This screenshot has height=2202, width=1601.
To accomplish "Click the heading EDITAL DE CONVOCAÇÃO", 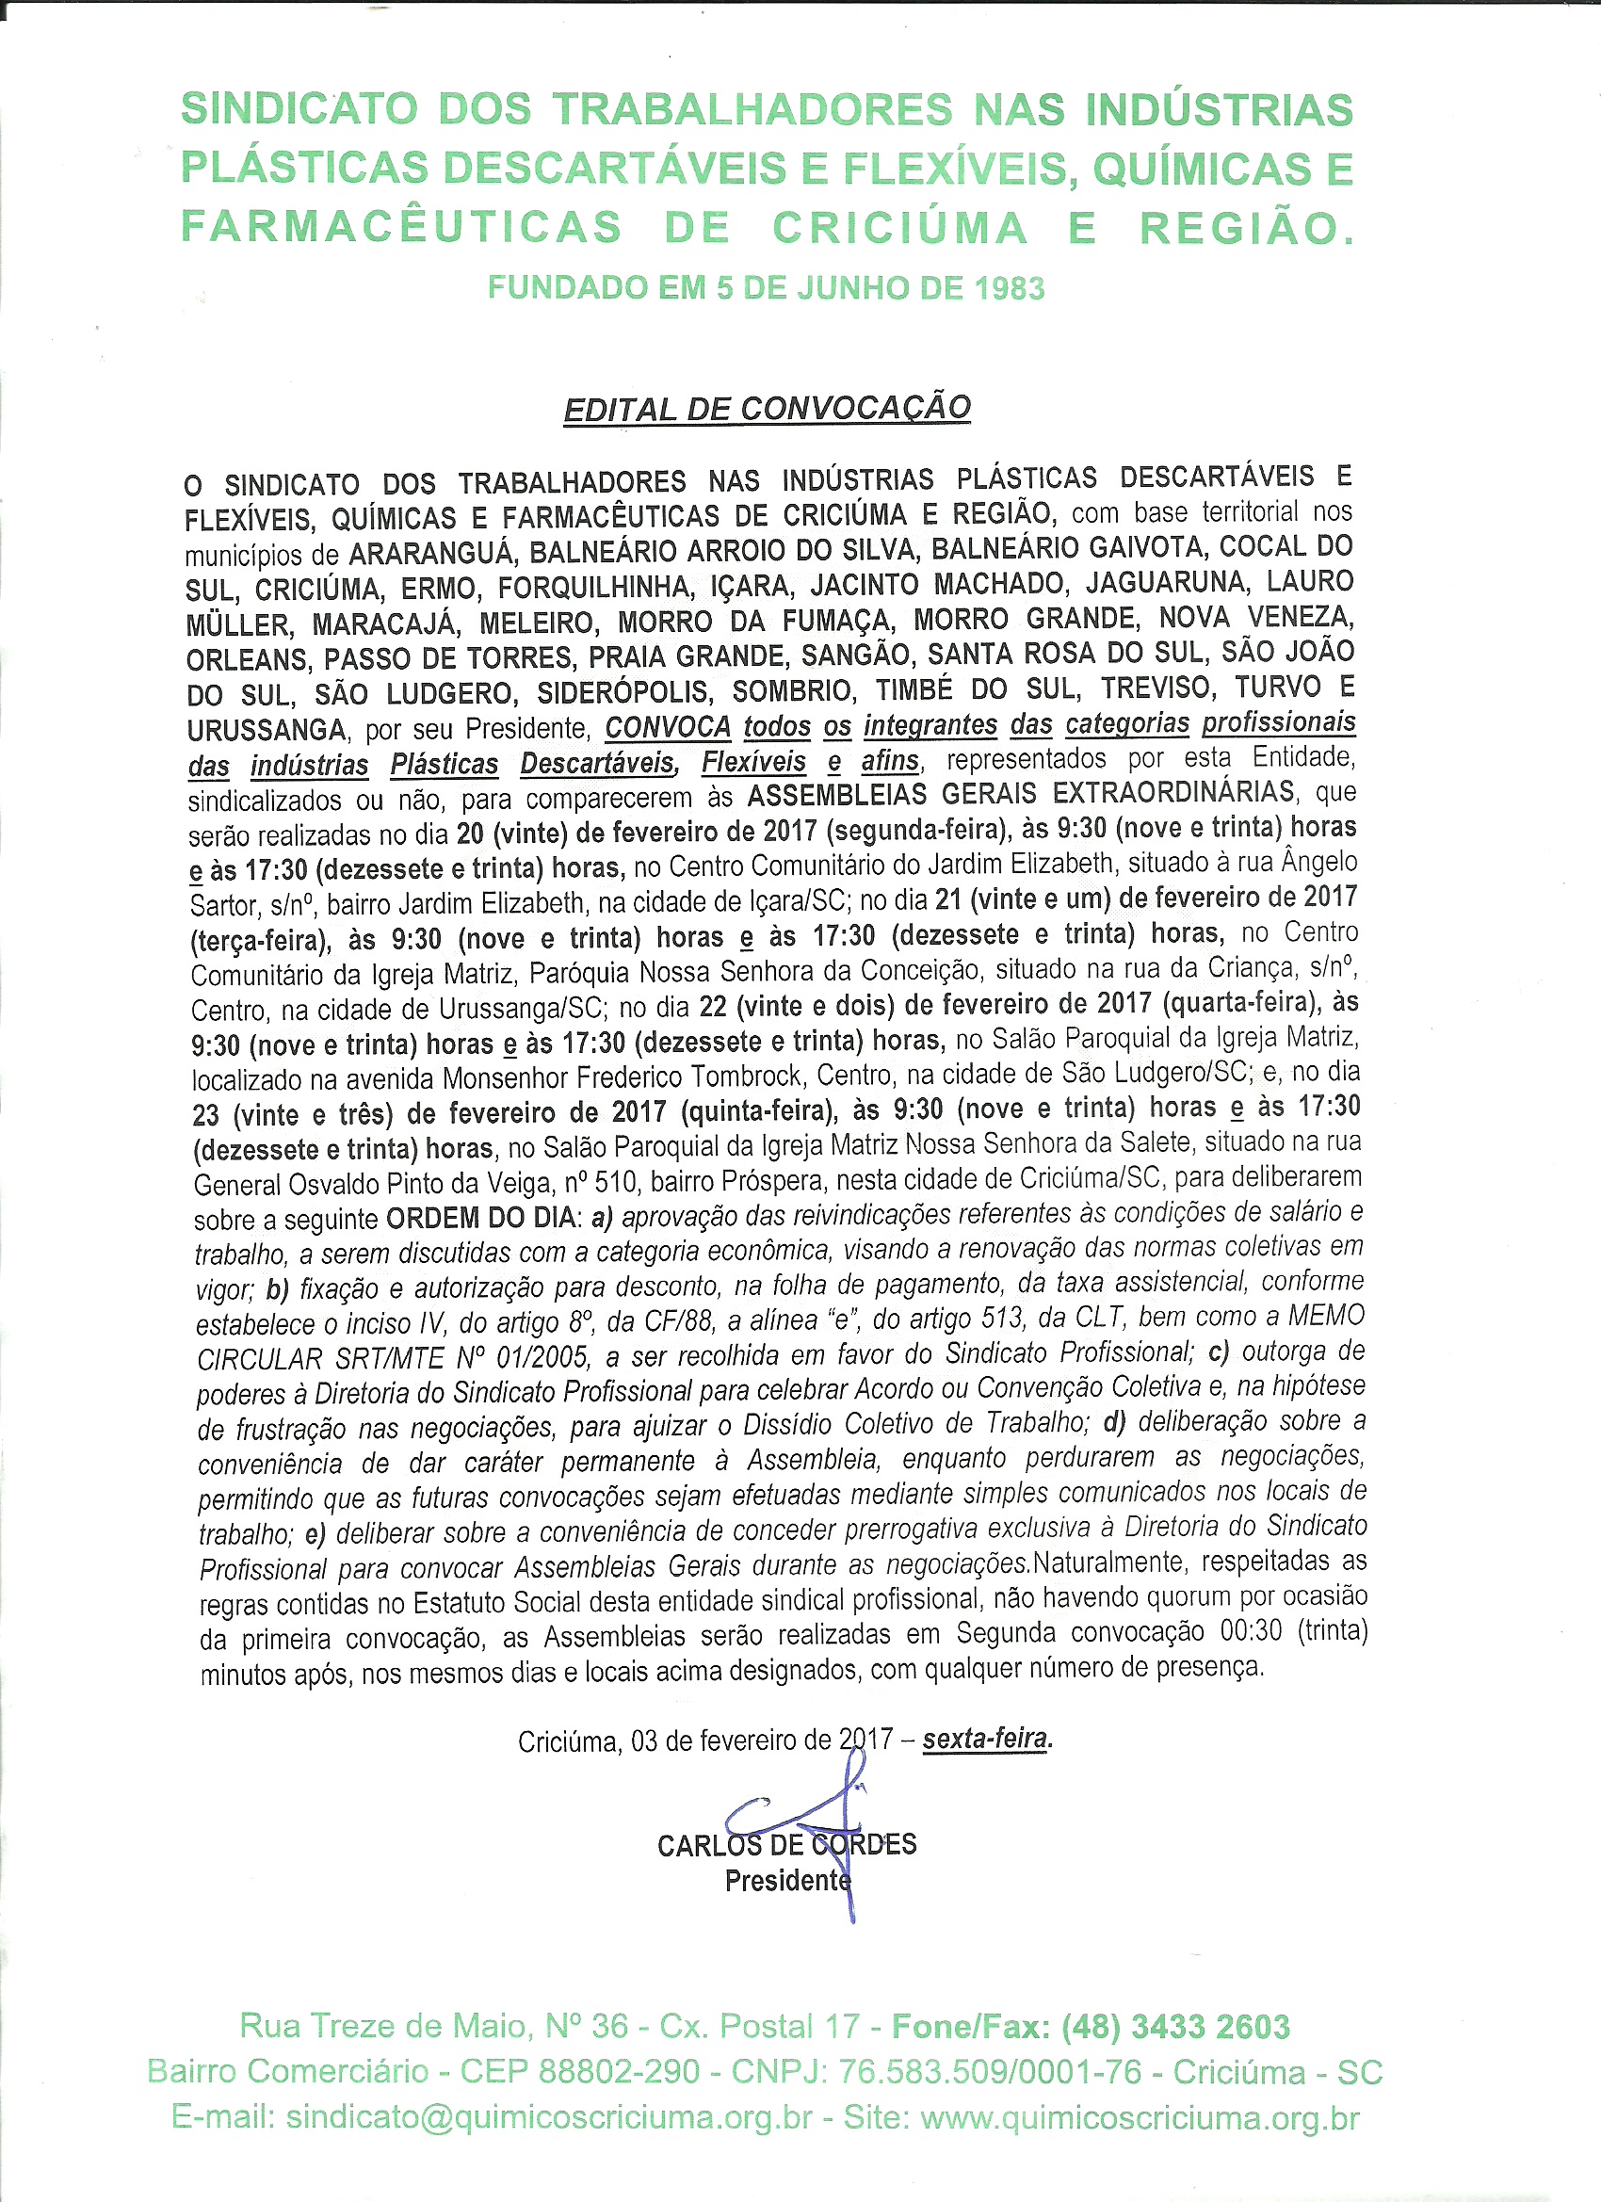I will click(767, 409).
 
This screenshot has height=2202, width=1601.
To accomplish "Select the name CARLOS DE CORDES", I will click(786, 1845).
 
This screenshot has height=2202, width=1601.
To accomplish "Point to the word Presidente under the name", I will click(786, 1881).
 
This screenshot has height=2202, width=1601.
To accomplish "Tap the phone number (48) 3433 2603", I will click(1175, 2026).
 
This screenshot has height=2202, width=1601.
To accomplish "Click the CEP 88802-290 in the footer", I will click(579, 2072).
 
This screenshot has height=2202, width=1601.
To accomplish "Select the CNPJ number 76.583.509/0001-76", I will click(991, 2072).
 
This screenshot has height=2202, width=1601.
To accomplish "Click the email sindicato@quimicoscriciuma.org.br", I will click(548, 2117).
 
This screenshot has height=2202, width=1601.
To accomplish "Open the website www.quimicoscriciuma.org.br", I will click(1140, 2117).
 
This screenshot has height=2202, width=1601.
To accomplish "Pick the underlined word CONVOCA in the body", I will click(668, 727).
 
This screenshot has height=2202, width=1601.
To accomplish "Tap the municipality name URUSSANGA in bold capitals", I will click(266, 730).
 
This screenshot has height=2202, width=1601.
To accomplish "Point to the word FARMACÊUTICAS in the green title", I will click(401, 228).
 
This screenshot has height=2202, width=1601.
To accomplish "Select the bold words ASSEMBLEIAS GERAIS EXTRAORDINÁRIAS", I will click(1022, 793).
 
